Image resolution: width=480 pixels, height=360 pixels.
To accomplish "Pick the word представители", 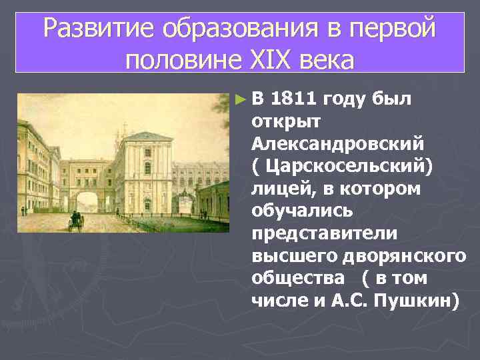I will [325, 233].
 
